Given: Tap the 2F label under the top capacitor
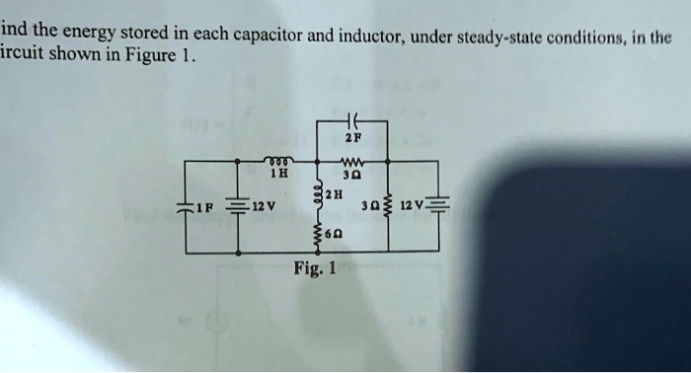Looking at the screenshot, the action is [350, 139].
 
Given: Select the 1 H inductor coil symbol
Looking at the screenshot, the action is [277, 158].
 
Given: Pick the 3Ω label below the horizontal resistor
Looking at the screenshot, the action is [352, 174].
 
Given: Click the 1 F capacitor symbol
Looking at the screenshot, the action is [185, 208].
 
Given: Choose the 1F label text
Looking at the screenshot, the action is [202, 208].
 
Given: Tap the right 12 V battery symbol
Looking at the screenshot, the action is [440, 208].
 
